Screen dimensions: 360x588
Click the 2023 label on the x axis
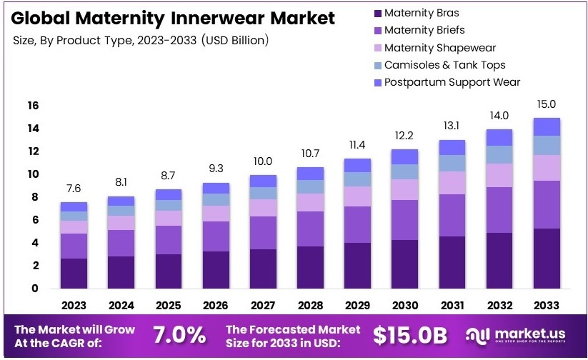[74, 305]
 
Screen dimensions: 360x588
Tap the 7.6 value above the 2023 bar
[74, 189]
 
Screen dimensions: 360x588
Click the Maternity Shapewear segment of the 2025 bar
[169, 218]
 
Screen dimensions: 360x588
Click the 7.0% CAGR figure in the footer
[179, 334]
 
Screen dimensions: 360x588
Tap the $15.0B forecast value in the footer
[412, 334]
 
